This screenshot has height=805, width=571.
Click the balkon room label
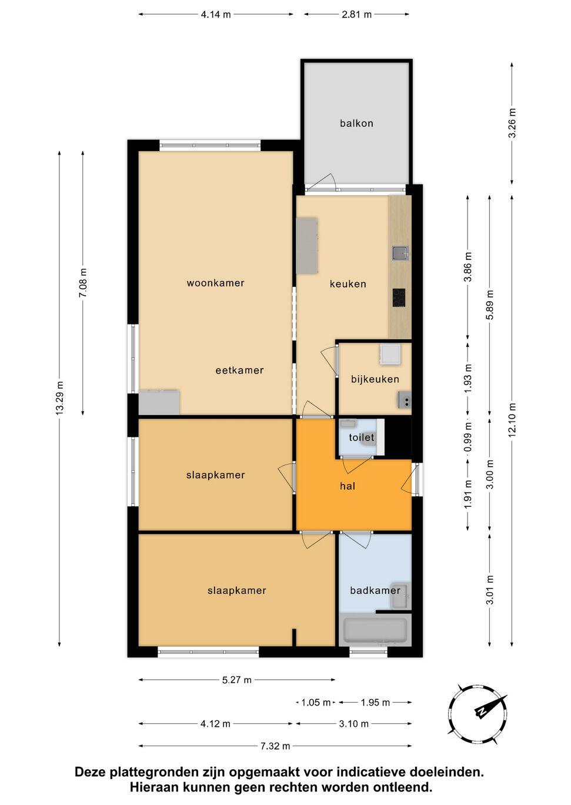[356, 123]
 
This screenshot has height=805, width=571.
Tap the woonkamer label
[216, 283]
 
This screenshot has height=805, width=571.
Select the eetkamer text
[240, 370]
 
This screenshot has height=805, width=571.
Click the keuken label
[348, 284]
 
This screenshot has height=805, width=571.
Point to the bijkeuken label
[375, 379]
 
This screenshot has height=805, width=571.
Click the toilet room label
[362, 437]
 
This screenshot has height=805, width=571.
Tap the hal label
[348, 486]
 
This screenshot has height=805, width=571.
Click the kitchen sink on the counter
[400, 253]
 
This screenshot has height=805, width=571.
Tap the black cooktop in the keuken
[399, 298]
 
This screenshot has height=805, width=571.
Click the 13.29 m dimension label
[59, 399]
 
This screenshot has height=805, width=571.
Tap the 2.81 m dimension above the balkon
[356, 15]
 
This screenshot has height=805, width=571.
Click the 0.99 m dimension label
[468, 438]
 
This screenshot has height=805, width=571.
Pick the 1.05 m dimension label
[316, 702]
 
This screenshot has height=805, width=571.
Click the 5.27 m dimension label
[237, 680]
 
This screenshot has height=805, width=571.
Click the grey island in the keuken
[307, 245]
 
